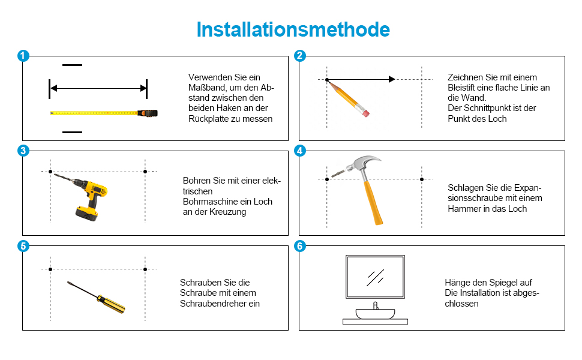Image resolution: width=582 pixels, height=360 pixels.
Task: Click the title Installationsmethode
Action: (x=293, y=29)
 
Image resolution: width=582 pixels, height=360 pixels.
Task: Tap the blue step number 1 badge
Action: (x=23, y=56)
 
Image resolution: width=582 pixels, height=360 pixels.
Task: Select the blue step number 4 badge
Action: (x=300, y=151)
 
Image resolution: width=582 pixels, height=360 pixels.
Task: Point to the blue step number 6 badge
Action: (x=300, y=245)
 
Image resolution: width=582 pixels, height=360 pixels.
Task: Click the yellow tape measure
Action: (x=104, y=113)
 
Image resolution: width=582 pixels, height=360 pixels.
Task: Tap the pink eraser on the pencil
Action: (x=365, y=113)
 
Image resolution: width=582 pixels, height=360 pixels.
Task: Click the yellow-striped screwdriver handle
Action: (x=111, y=304)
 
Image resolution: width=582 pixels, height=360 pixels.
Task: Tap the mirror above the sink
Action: (x=375, y=277)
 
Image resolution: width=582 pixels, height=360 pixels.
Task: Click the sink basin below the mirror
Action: (x=375, y=314)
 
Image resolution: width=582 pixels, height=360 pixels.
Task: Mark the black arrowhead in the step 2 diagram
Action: (x=392, y=79)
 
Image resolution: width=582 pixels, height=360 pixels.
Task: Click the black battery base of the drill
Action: (x=86, y=214)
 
